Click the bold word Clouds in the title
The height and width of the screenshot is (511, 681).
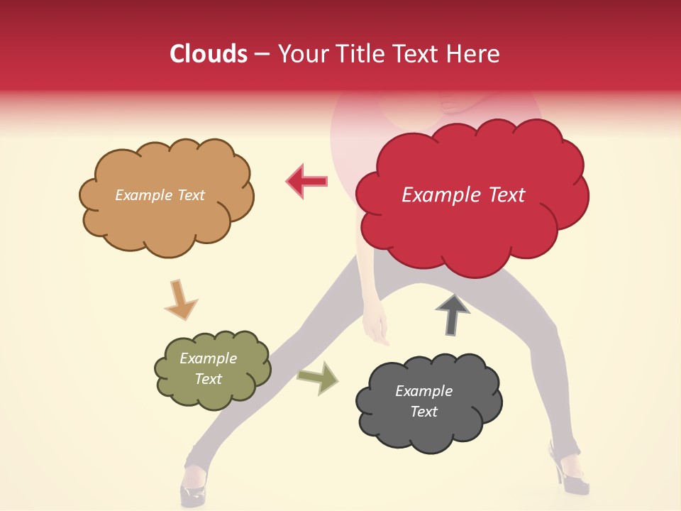tap(209, 54)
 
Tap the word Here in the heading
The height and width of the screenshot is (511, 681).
tap(474, 54)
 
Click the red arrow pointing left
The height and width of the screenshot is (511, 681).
tap(306, 181)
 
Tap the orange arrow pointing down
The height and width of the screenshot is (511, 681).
tap(181, 299)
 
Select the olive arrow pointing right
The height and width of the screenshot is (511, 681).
tap(318, 377)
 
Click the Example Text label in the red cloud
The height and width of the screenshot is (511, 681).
tap(463, 195)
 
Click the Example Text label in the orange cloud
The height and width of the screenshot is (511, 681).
tap(160, 195)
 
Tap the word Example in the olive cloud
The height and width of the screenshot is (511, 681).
tap(208, 358)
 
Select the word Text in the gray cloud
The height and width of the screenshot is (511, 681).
tap(423, 412)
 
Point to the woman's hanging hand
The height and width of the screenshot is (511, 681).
tap(376, 328)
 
